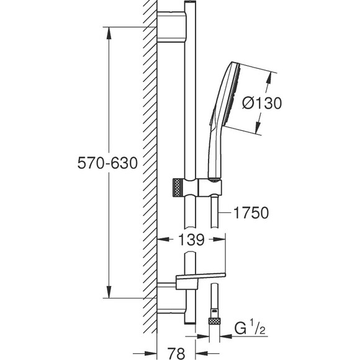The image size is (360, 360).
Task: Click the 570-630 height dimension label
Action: coord(107,163)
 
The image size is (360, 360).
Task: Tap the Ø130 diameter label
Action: coord(262,103)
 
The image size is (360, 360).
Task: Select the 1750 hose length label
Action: coord(251,213)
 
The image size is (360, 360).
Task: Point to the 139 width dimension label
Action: coord(191,240)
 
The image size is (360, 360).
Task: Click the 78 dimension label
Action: coord(176,353)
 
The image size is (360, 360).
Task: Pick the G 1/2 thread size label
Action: coord(250,328)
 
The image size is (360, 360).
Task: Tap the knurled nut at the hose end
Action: coord(214,321)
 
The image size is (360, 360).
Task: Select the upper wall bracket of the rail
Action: coord(172,27)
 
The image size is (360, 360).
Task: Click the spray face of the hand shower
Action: coord(232,94)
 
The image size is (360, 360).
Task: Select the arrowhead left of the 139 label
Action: coord(164,240)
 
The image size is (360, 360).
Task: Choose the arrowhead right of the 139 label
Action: coord(218,240)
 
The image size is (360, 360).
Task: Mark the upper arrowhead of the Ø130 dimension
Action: coord(269,79)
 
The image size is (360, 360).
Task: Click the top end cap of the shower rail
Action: coord(191,2)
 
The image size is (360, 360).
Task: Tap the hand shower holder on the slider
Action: coord(210,187)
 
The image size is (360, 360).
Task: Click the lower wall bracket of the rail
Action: coord(172,298)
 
